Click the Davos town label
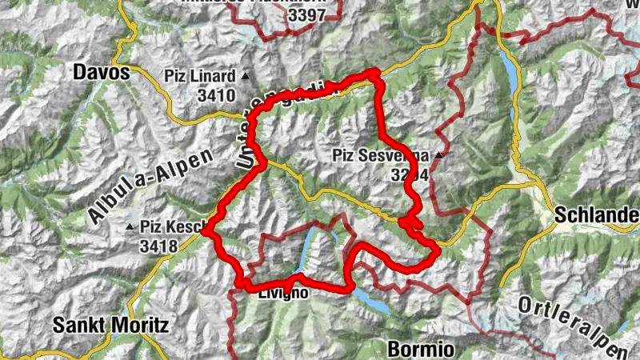pyautogui.click(x=101, y=72)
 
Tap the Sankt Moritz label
pyautogui.click(x=110, y=326)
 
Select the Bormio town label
pyautogui.click(x=420, y=349)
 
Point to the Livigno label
pyautogui.click(x=282, y=293)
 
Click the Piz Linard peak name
pyautogui.click(x=200, y=77)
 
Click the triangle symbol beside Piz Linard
pyautogui.click(x=246, y=77)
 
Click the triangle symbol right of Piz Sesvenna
pyautogui.click(x=438, y=154)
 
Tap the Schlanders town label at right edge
pyautogui.click(x=596, y=215)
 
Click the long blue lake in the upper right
pyautogui.click(x=510, y=72)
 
